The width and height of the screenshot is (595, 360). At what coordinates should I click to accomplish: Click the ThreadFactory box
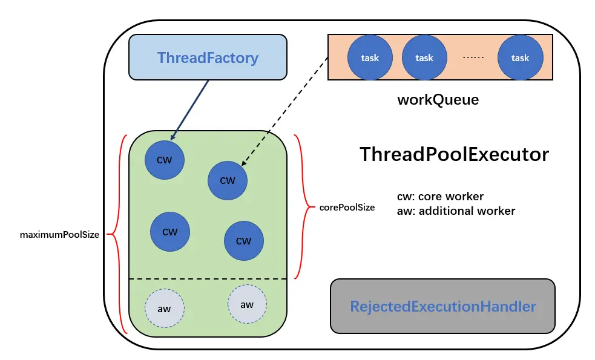[x=208, y=57]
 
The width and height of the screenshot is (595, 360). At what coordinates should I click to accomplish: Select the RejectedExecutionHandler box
[x=442, y=306]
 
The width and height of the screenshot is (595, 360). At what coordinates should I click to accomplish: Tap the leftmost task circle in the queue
[x=369, y=58]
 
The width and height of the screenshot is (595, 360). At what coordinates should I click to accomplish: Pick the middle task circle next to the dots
[x=424, y=58]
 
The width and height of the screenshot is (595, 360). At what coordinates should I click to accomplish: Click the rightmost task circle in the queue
[x=520, y=58]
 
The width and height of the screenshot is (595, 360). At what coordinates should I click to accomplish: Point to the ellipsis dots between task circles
[x=473, y=58]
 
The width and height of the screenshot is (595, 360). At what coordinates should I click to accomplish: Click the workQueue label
[x=437, y=100]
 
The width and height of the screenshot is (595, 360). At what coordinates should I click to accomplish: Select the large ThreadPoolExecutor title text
[x=454, y=154]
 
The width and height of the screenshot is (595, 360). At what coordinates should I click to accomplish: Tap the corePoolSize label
[x=346, y=207]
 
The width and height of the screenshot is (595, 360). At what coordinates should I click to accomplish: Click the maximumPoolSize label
[x=59, y=235]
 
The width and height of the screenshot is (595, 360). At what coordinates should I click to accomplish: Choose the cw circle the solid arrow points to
[x=165, y=160]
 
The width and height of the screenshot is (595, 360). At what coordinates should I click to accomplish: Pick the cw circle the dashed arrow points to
[x=227, y=180]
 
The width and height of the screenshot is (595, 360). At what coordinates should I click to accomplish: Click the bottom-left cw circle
[x=170, y=232]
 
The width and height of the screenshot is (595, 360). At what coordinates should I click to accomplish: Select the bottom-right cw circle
[x=243, y=241]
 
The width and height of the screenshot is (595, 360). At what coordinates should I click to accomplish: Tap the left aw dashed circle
[x=164, y=309]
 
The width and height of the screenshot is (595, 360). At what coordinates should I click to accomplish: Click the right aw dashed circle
[x=247, y=304]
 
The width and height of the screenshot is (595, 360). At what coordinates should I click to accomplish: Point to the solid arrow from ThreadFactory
[x=190, y=110]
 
